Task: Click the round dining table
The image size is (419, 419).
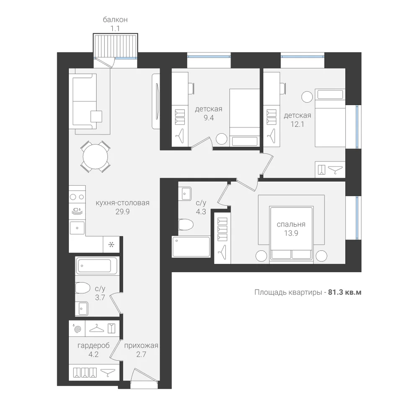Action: point(96,157)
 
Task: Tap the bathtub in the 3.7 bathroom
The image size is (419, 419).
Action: point(96,265)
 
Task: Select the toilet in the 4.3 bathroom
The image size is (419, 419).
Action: point(186,225)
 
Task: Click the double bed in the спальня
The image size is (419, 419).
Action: point(291,233)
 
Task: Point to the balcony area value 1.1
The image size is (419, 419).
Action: point(115,28)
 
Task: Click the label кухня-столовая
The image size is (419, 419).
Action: point(123,203)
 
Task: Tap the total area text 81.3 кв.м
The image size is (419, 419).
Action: point(345,292)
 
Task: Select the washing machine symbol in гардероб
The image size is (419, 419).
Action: point(77,328)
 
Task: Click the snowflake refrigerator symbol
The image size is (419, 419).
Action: point(111,244)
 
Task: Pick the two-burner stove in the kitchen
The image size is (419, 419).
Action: point(77,197)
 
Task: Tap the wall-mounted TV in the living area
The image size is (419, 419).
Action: point(157,101)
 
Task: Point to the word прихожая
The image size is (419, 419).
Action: point(141,346)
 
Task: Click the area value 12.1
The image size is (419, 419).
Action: point(297,124)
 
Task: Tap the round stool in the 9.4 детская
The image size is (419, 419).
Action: point(222,139)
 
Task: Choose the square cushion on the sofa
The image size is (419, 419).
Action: point(96,116)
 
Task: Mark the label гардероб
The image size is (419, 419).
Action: point(93,346)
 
